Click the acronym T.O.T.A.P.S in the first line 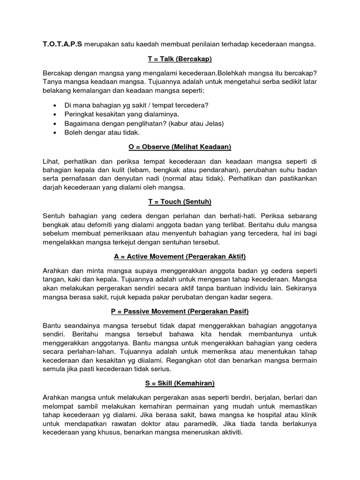[62, 45]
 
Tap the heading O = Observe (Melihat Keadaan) [180, 147]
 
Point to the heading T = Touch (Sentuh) [180, 202]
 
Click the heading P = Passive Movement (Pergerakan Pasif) [180, 311]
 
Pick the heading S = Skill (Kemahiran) [180, 383]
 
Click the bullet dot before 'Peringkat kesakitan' [56, 114]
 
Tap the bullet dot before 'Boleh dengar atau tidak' [56, 133]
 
